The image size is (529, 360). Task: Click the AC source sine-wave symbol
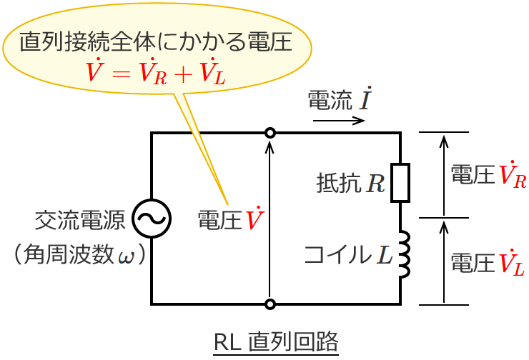pos(152,218)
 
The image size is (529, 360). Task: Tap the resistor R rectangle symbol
pos(400,183)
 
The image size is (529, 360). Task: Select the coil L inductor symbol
pos(403,255)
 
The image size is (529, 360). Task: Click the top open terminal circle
pos(270,133)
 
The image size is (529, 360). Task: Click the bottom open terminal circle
pos(270,304)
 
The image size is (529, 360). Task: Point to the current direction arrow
pos(338,120)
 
